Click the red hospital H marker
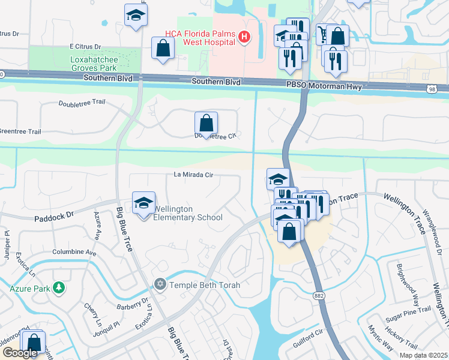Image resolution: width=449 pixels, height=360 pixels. coord(244,38)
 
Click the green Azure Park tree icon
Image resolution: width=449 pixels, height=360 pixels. coord(59,289)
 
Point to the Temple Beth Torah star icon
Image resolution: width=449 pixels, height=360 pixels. coord(160,284)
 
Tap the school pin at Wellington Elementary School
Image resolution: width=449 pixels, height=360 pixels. coord(143,204)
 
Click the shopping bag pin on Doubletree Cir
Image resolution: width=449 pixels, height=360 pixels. coord(206,124)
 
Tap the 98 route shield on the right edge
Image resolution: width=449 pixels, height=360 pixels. coord(442,89)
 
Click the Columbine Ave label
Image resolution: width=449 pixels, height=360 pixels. coord(74,253)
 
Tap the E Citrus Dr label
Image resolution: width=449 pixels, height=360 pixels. coord(86,46)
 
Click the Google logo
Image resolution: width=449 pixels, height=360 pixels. coord(19,353)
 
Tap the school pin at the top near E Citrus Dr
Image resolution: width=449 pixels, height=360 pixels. coord(136,15)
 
